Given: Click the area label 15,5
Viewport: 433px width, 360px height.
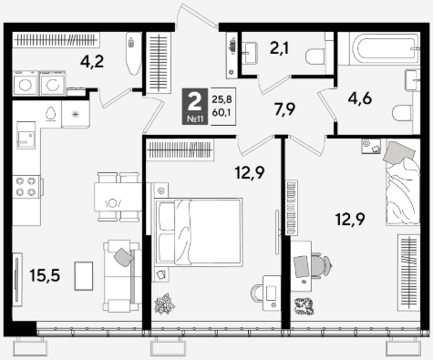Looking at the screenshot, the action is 45,275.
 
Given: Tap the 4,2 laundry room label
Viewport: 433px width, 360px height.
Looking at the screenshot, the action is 92,62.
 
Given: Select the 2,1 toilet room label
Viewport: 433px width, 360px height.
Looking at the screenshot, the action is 280,48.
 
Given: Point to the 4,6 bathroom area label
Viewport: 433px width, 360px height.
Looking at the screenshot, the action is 360,99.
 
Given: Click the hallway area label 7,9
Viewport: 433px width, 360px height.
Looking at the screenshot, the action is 284,109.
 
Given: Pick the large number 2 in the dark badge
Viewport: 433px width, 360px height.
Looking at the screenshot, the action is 195,102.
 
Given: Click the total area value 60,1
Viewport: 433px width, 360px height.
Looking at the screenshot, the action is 222,113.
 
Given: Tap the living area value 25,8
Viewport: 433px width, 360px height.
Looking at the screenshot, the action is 222,99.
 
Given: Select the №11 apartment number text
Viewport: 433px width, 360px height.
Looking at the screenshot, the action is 195,118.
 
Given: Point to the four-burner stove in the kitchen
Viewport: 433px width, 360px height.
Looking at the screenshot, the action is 26,187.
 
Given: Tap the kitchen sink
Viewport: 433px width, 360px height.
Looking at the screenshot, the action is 26,135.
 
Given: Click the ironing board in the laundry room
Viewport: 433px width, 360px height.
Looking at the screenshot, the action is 133,54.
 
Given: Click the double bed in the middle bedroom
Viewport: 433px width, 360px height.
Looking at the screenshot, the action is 199,232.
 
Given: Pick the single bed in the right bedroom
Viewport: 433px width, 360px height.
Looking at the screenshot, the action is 403,182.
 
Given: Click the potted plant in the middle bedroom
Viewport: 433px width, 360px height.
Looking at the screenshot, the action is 164,303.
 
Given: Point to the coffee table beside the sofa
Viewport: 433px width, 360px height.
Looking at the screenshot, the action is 84,276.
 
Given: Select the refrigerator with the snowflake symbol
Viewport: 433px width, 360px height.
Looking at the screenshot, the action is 76,114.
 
